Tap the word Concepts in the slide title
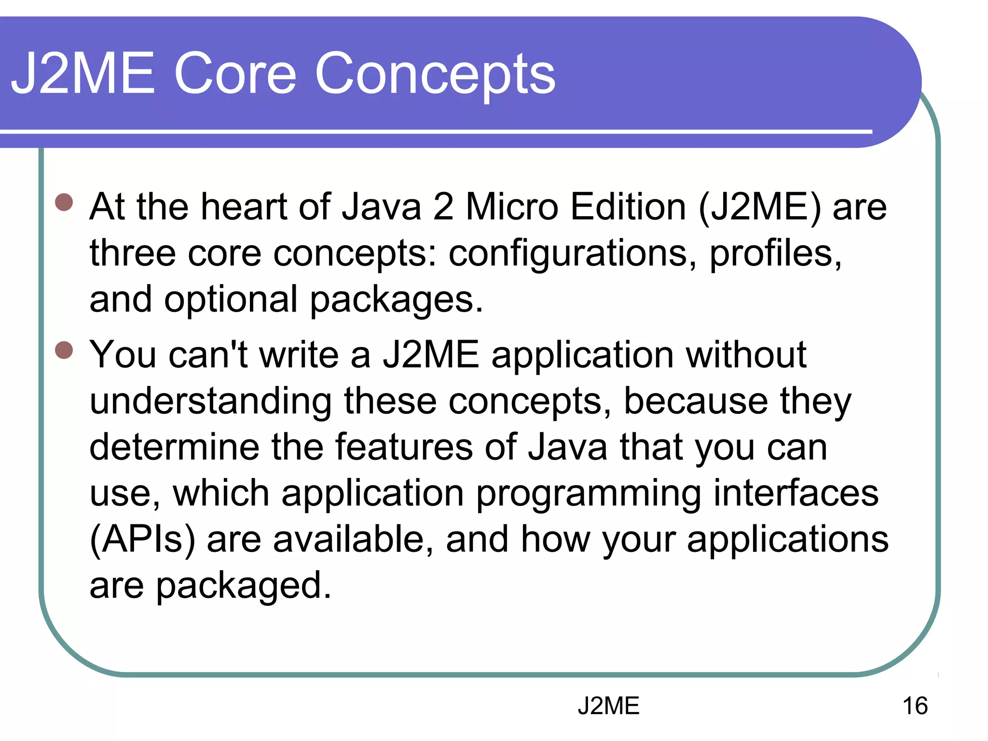point(435,75)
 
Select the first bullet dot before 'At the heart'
point(64,202)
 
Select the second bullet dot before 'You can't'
point(64,350)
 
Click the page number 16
point(915,706)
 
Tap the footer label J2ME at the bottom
point(608,706)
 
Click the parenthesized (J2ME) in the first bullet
point(759,207)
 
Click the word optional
point(231,300)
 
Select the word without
point(746,355)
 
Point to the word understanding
point(210,401)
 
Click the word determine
point(174,447)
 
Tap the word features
point(404,447)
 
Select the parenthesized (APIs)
point(143,540)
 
